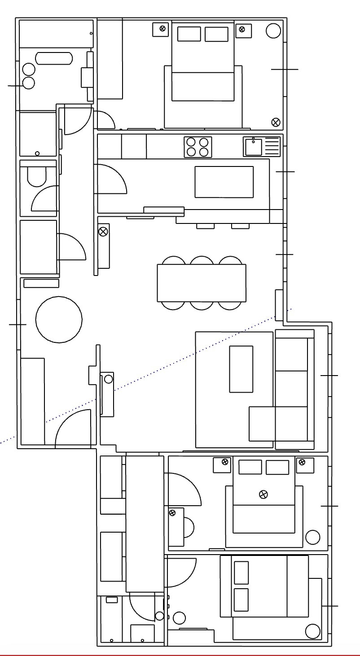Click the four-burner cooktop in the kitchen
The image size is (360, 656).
click(198, 147)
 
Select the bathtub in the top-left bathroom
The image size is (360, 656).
click(54, 58)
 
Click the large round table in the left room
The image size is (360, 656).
click(59, 319)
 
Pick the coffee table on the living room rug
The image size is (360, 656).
click(241, 369)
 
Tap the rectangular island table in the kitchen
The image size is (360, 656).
click(224, 182)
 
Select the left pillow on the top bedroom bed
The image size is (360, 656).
click(189, 34)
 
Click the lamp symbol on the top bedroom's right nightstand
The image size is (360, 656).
click(242, 30)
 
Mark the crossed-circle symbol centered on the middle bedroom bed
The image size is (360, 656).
click(263, 494)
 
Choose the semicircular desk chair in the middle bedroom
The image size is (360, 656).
click(189, 527)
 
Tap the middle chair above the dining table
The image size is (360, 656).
click(202, 261)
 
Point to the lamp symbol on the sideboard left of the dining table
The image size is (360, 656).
click(103, 232)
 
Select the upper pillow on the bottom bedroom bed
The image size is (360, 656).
click(241, 572)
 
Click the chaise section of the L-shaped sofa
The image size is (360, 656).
click(262, 424)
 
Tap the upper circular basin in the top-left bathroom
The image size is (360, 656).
click(29, 70)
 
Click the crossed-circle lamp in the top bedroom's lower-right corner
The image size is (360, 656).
click(276, 122)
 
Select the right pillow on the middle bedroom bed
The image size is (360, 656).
click(277, 467)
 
